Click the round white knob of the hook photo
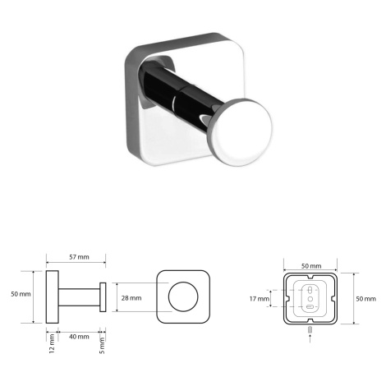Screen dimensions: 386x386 241,133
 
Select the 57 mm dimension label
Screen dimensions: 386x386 79,257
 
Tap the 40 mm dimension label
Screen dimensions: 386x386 79,337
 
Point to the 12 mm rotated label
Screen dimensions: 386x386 52,343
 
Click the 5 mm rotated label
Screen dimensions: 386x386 102,346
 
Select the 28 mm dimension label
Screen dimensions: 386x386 131,298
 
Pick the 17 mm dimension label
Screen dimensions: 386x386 260,299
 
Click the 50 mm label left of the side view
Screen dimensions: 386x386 21,294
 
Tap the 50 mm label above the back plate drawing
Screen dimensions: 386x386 311,266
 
